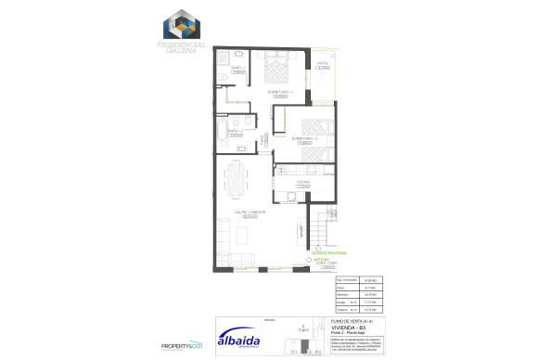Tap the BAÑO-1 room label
[x=237, y=68]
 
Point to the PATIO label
[x=322, y=63]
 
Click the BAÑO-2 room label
[x=236, y=131]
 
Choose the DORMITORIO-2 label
[x=304, y=138]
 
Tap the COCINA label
[x=302, y=182]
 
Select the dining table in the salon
[x=239, y=177]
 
